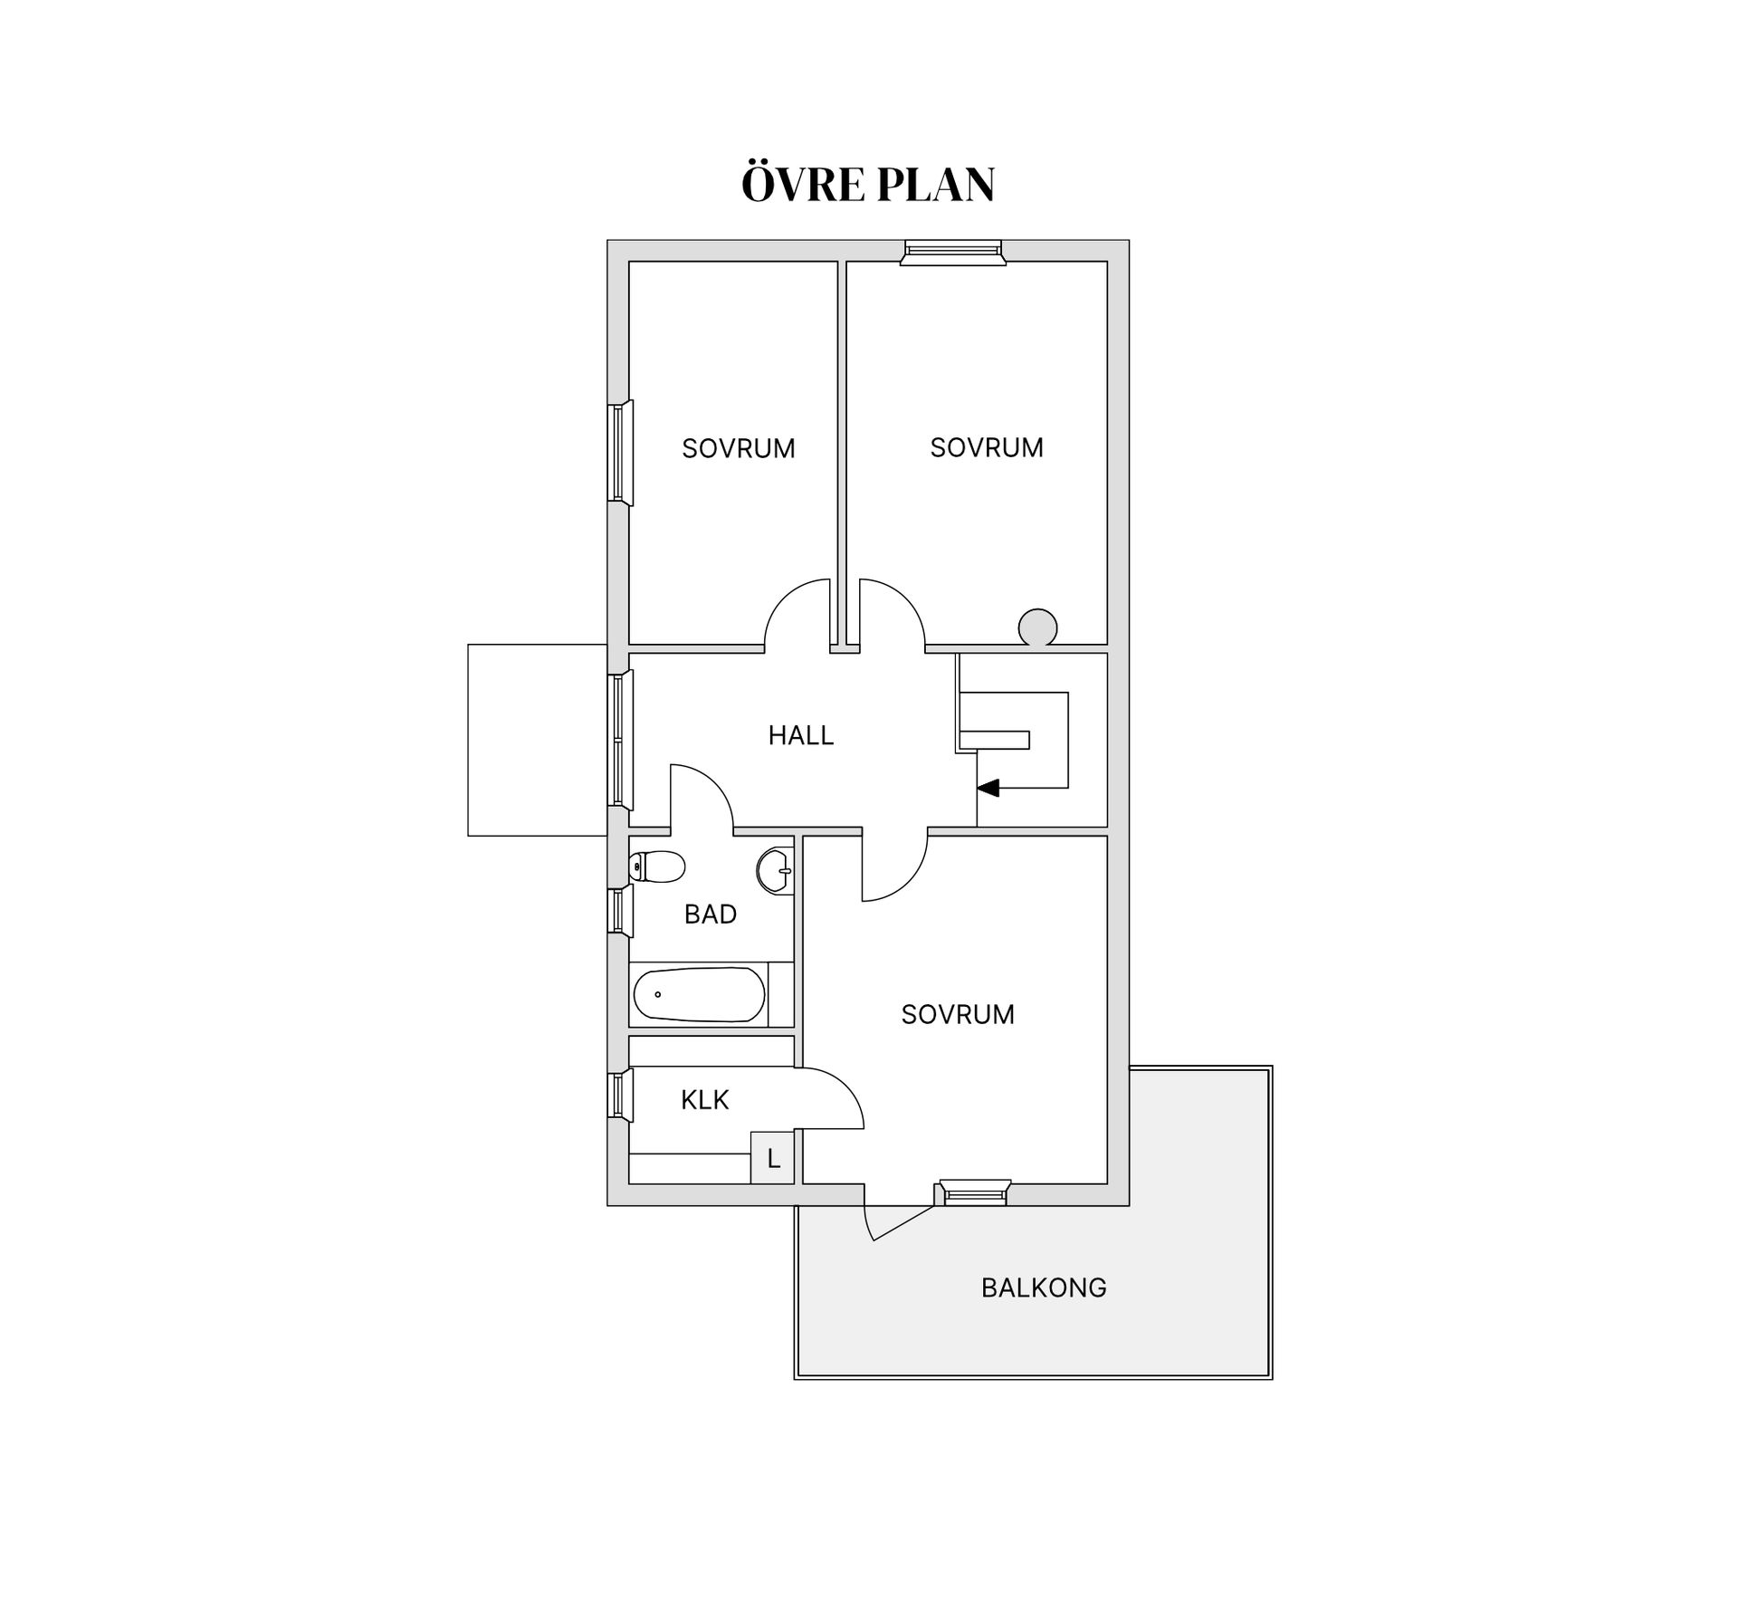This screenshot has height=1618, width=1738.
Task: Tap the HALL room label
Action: click(801, 735)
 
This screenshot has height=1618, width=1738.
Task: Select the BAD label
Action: click(711, 914)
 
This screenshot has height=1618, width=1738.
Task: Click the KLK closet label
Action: click(705, 1100)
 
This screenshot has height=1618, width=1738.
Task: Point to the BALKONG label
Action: click(1044, 1288)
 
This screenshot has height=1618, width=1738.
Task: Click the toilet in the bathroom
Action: click(657, 866)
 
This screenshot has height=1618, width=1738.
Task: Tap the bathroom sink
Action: click(775, 871)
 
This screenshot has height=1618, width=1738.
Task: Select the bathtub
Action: click(699, 994)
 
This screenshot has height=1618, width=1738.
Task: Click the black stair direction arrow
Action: click(988, 787)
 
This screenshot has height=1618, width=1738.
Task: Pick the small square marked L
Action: click(772, 1157)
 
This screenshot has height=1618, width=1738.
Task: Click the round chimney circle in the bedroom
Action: click(1037, 627)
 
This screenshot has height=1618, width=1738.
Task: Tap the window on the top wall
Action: click(953, 252)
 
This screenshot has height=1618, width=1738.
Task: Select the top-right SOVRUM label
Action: click(987, 447)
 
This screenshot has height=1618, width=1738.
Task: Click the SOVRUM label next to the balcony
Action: click(958, 1014)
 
